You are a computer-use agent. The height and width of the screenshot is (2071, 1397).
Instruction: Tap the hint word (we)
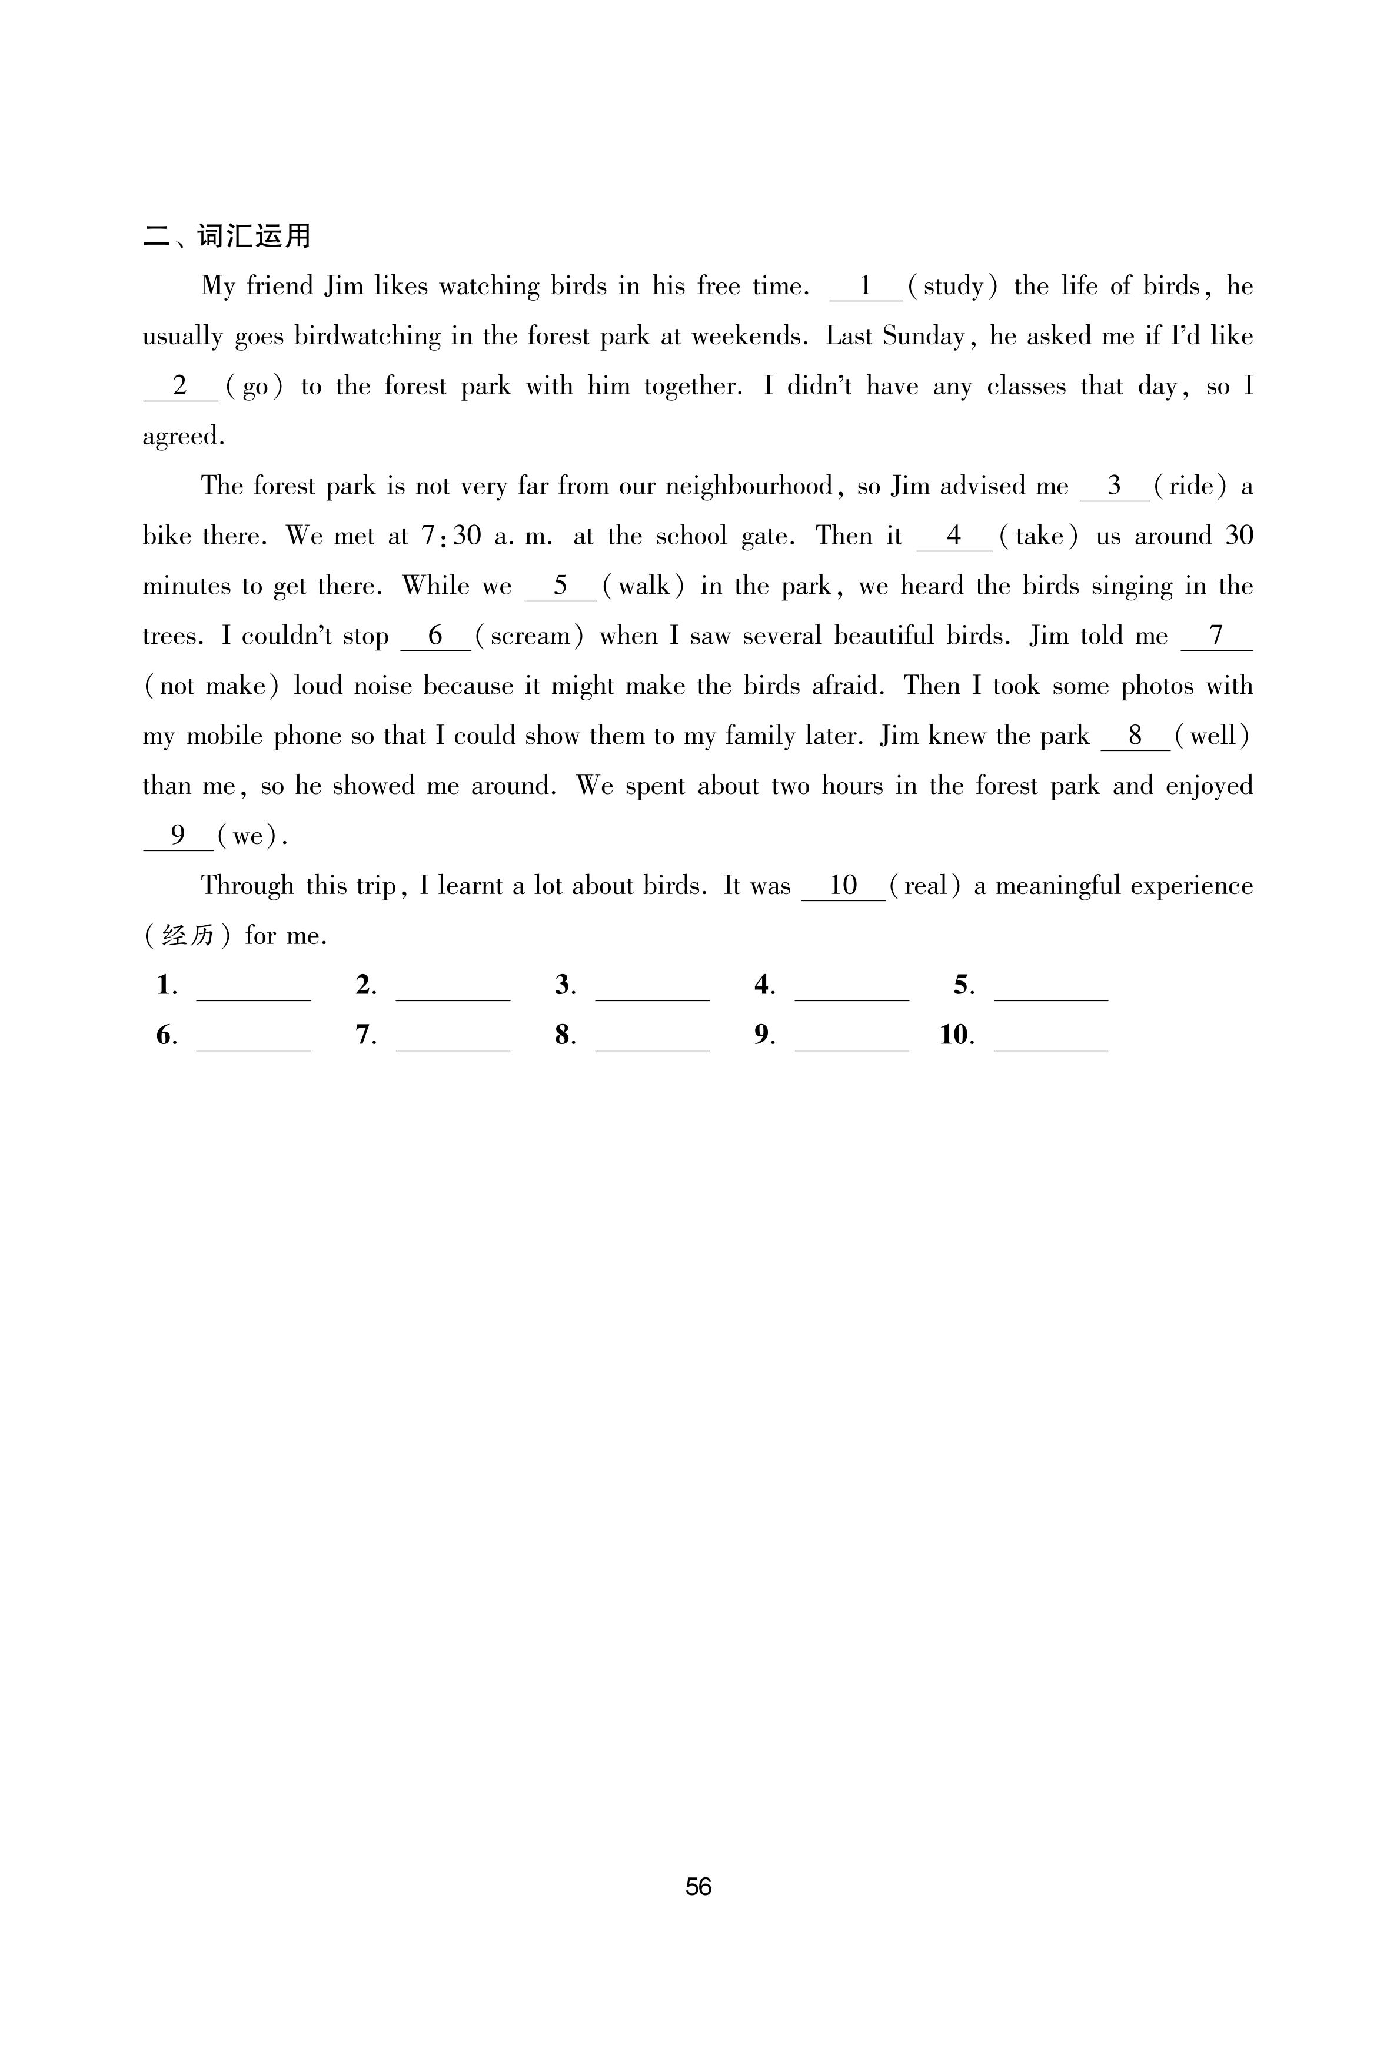pyautogui.click(x=248, y=836)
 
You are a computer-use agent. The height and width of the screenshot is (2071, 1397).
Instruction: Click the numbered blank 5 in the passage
pyautogui.click(x=560, y=587)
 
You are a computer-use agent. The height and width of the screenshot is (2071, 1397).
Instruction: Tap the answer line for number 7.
pyautogui.click(x=453, y=1041)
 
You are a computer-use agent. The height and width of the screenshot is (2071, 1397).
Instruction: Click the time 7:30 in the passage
pyautogui.click(x=451, y=536)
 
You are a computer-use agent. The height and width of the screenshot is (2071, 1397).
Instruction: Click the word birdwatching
pyautogui.click(x=368, y=337)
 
